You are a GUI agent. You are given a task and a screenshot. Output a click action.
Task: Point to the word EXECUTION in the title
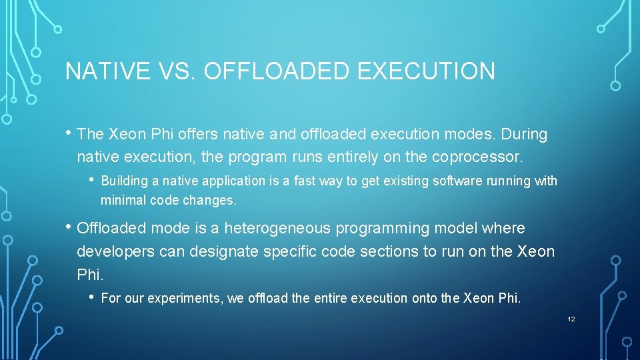pos(427,71)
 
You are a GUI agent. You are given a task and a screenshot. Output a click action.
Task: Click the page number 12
pos(571,319)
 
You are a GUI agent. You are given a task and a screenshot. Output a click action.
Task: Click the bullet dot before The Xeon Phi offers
pos(69,133)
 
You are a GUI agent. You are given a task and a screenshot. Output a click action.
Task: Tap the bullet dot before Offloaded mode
pos(69,227)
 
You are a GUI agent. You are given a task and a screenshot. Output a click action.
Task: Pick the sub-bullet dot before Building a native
pos(93,179)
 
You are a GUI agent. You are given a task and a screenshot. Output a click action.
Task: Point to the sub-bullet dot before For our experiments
pos(93,297)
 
